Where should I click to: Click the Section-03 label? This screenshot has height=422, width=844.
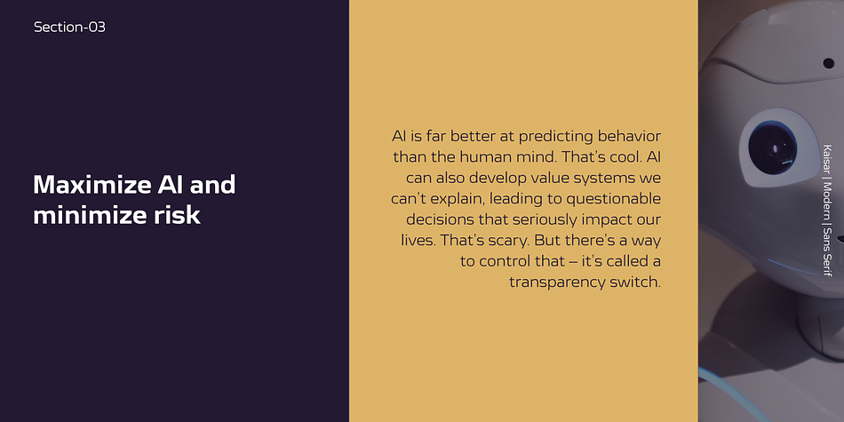click(x=69, y=27)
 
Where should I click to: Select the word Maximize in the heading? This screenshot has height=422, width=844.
click(x=91, y=185)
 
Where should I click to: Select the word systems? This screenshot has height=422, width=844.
click(x=599, y=179)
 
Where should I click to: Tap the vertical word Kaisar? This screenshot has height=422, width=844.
click(x=827, y=159)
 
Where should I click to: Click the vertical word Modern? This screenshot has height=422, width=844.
click(x=827, y=200)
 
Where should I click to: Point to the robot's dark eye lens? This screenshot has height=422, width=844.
click(x=772, y=147)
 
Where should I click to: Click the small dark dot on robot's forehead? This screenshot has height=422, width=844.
click(x=828, y=63)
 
